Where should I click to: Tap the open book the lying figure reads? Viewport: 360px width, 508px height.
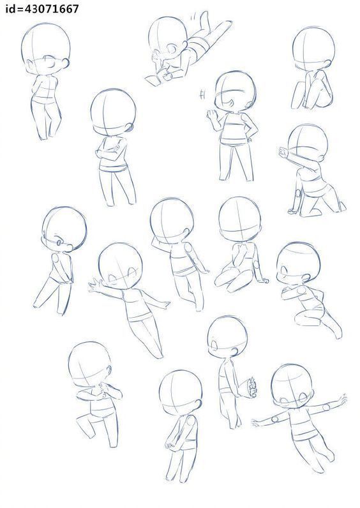(155, 79)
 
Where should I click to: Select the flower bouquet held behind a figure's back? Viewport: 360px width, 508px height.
(251, 387)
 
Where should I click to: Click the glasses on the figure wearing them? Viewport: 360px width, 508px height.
(57, 243)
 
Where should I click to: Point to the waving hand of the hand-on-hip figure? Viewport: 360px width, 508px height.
(212, 115)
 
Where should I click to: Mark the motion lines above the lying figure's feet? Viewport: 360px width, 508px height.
(195, 15)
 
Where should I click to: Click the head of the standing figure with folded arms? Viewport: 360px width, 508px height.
(113, 112)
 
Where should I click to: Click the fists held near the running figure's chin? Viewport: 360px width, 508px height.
(103, 389)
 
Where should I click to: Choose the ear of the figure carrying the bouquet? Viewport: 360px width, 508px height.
(234, 352)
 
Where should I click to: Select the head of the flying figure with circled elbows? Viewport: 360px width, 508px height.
(292, 386)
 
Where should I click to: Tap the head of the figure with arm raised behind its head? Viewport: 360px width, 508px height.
(172, 221)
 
